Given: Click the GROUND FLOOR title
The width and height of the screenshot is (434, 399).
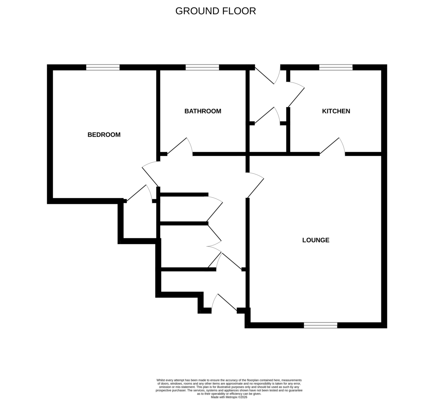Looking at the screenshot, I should [216, 11].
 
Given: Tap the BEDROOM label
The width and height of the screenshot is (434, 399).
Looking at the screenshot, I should [104, 135].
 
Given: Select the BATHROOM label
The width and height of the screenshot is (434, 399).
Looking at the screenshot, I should [203, 111].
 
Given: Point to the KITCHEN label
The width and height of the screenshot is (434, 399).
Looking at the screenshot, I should [336, 111].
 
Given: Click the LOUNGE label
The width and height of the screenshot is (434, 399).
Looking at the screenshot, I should [316, 240].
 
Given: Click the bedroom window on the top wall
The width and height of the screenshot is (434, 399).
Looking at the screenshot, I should [103, 67].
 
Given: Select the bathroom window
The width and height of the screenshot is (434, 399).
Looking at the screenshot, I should [202, 67].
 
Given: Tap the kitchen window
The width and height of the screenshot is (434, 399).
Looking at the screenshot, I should [336, 67].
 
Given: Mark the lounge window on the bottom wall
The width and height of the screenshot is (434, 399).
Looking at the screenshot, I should [320, 325].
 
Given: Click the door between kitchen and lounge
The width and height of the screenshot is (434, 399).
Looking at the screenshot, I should [332, 147].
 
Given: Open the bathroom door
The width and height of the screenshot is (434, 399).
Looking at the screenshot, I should [180, 147].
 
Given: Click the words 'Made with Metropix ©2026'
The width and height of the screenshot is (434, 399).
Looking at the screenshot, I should [229, 397].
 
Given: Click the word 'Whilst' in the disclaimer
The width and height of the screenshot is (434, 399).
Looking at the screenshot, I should [161, 380].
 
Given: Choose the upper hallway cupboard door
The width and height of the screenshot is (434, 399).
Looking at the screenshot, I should [214, 209].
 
